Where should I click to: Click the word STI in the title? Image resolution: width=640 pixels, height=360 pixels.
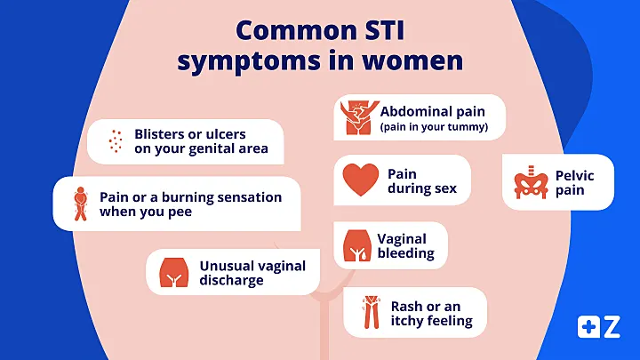(385, 30)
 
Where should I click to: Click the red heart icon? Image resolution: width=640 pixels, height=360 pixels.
(361, 180)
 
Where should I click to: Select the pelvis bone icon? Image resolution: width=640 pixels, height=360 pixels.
(531, 182)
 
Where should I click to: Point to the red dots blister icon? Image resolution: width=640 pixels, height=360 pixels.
(116, 141)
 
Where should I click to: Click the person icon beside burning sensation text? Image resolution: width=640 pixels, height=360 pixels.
(81, 204)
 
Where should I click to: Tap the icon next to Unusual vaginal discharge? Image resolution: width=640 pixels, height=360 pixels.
(174, 272)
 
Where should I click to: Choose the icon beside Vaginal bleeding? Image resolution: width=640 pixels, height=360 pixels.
(357, 245)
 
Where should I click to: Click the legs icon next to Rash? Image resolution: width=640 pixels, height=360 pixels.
(371, 312)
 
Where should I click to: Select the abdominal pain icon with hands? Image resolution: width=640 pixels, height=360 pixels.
(358, 117)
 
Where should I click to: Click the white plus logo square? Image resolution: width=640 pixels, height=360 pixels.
(588, 326)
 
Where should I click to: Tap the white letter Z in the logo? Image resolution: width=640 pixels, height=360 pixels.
(612, 326)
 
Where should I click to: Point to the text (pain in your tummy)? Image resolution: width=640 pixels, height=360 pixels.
(434, 127)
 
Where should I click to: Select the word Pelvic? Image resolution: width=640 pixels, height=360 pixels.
(575, 175)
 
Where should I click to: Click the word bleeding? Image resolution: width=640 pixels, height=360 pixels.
(405, 253)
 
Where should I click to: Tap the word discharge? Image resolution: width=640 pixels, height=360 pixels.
(231, 280)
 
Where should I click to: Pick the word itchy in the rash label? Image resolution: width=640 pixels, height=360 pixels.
(405, 320)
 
